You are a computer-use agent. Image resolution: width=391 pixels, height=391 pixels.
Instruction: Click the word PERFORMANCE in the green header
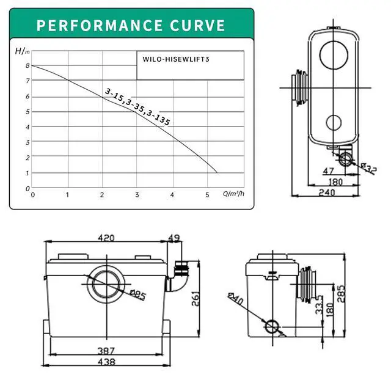click(x=100, y=26)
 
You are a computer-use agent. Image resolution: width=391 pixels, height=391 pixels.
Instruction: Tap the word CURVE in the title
click(x=197, y=26)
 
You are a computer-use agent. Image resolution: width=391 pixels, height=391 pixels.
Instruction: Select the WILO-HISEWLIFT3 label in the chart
click(x=176, y=59)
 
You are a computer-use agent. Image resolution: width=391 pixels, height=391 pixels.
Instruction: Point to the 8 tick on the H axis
click(x=27, y=65)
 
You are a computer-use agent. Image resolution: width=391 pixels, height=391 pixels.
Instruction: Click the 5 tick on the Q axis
click(x=207, y=195)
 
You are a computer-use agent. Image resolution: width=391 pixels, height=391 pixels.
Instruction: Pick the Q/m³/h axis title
click(x=233, y=194)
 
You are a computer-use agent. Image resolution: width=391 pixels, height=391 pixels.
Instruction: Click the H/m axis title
click(x=23, y=51)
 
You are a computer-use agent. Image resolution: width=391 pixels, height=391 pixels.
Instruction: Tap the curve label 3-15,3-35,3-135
click(x=137, y=107)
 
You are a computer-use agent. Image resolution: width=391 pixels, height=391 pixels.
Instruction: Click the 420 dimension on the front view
click(x=106, y=238)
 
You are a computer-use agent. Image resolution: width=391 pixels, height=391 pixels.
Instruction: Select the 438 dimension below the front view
click(x=106, y=362)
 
